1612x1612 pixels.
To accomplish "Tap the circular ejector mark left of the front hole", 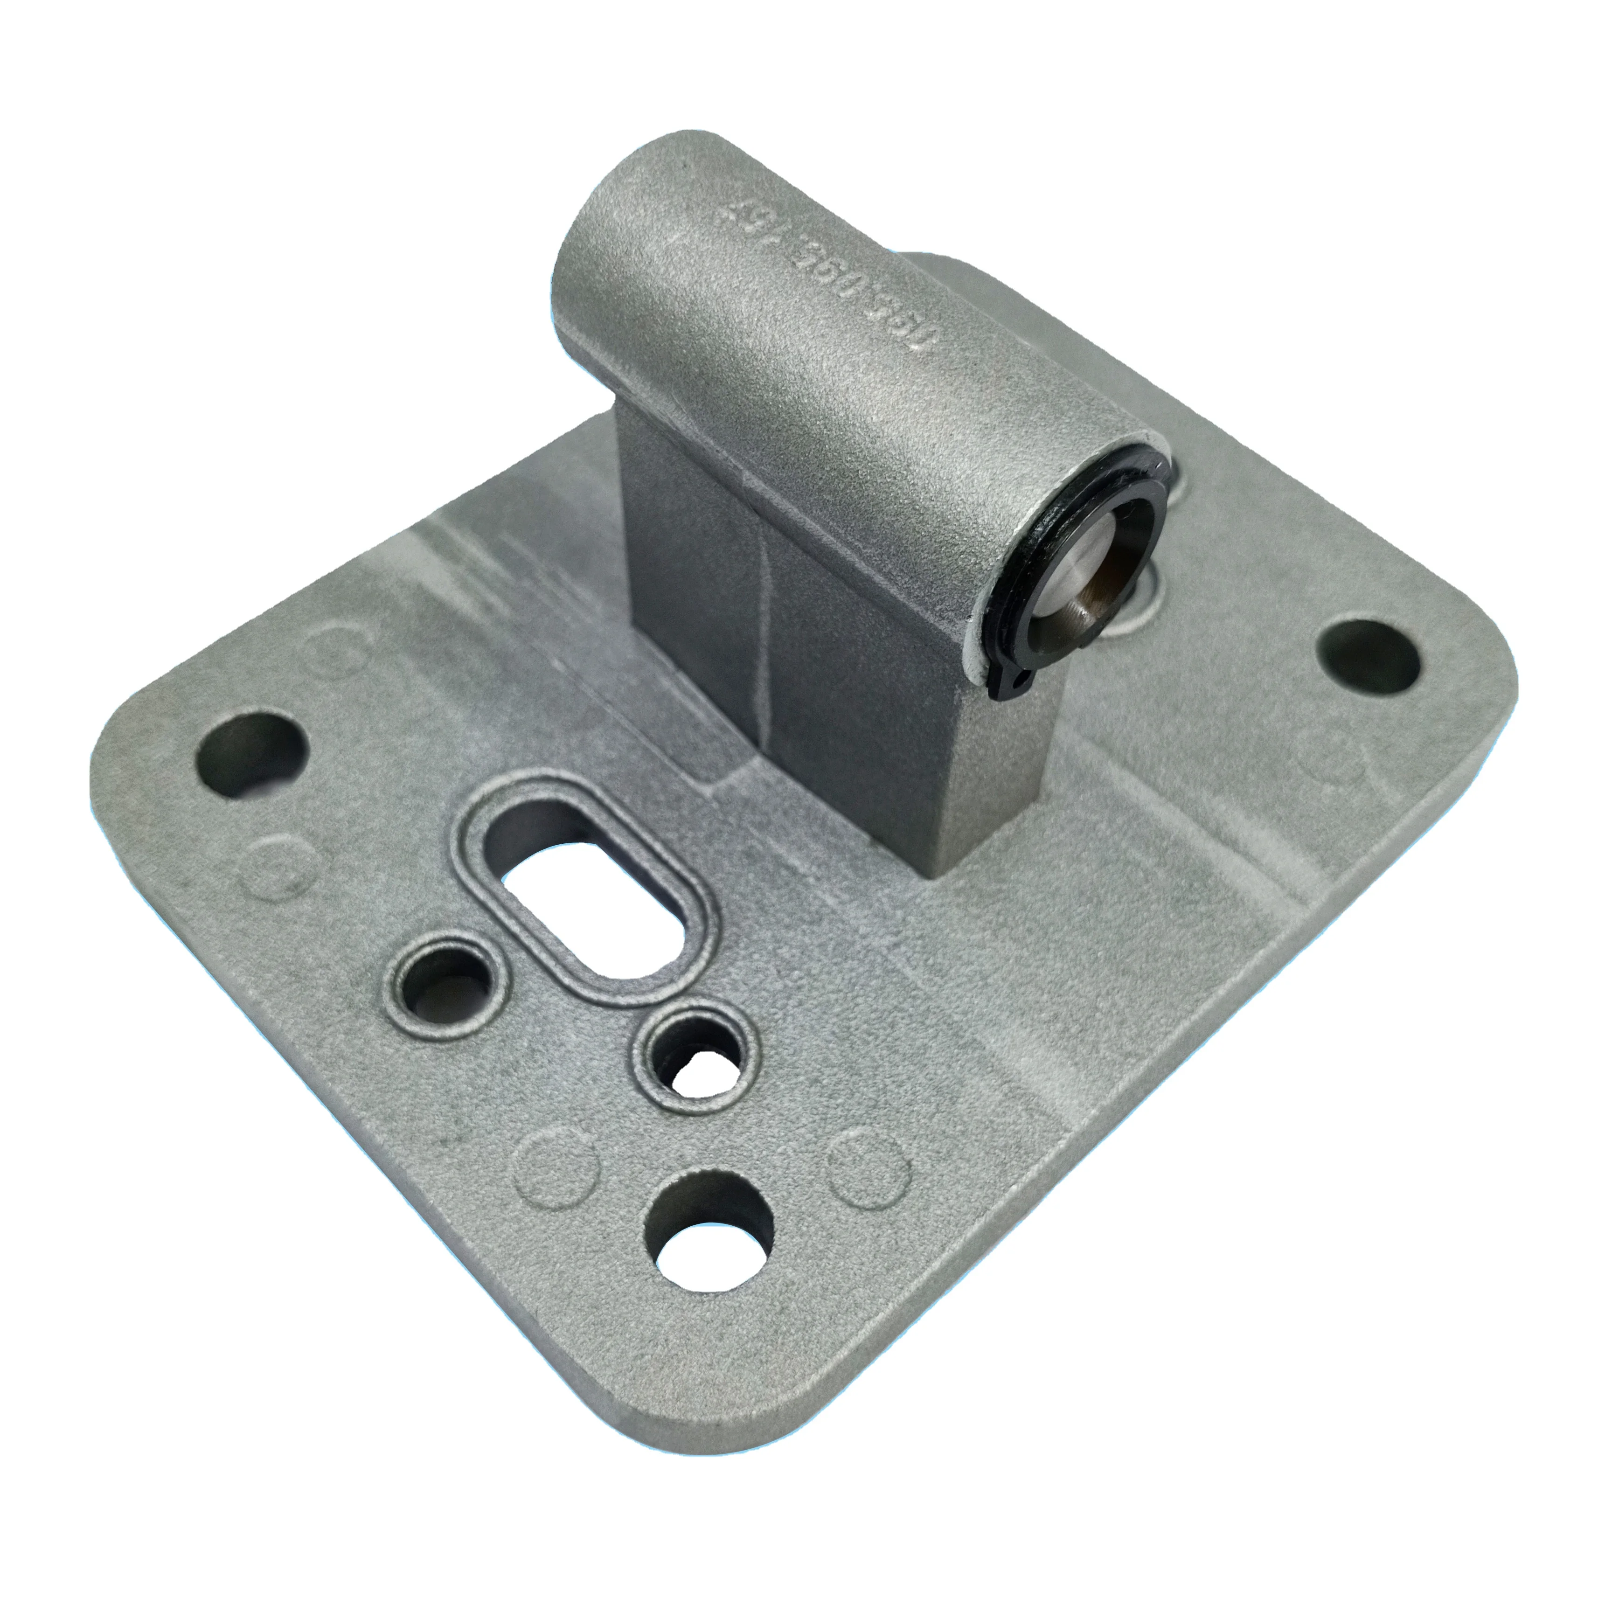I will click(555, 1168).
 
